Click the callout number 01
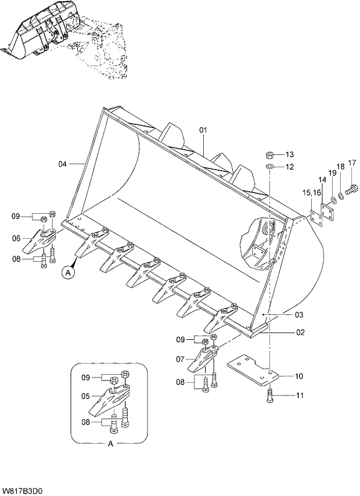pyautogui.click(x=203, y=130)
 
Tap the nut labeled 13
pyautogui.click(x=270, y=154)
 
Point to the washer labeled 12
pyautogui.click(x=270, y=167)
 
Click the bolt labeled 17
pyautogui.click(x=352, y=189)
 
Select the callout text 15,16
pyautogui.click(x=311, y=192)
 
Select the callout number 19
pyautogui.click(x=332, y=173)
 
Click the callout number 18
pyautogui.click(x=341, y=167)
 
